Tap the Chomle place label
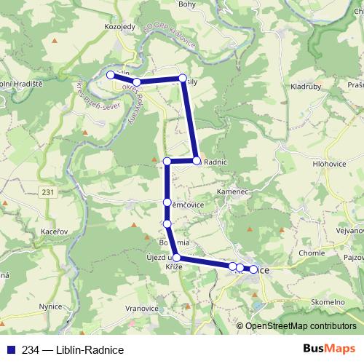pos(310,253)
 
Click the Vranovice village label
pos(142,308)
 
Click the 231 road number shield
pos(48,192)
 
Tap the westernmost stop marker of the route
pos(111,75)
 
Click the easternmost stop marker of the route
pos(253,269)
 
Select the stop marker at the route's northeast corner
pos(183,78)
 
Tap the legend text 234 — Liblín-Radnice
pos(68,349)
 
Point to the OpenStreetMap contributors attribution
pos(300,326)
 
